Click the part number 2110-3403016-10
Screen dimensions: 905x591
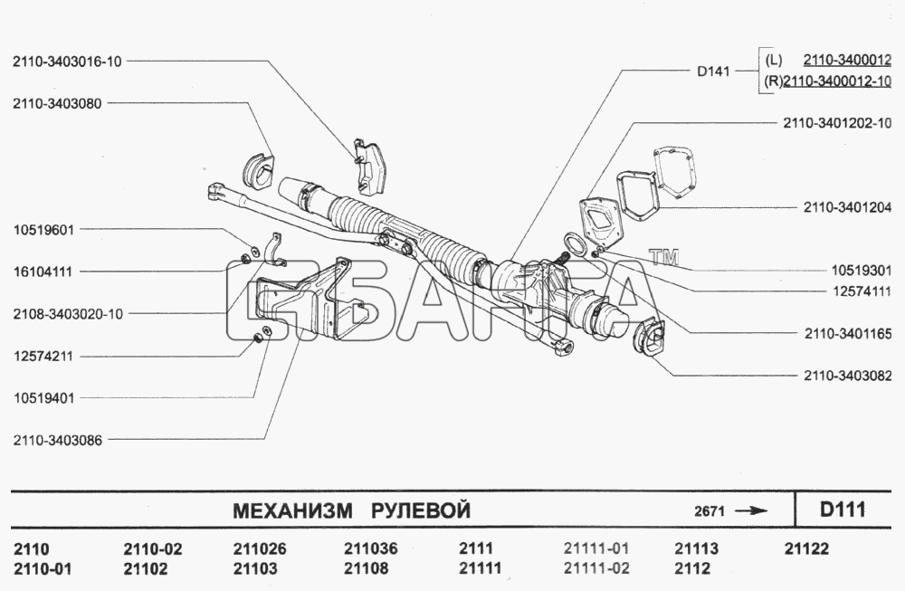pos(67,62)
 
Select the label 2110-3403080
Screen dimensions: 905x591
pos(57,104)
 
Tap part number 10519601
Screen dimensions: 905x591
pos(43,230)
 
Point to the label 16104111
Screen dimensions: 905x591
pos(43,272)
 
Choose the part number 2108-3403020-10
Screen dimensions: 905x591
pos(68,314)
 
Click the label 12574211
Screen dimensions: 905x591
pos(43,356)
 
